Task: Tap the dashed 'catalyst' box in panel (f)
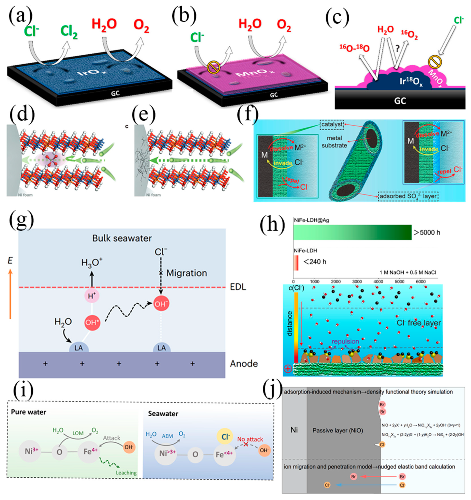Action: click(x=332, y=125)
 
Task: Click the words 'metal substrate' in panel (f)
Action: click(x=334, y=142)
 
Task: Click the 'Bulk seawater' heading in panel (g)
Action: click(x=122, y=238)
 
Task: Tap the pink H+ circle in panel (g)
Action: click(x=92, y=296)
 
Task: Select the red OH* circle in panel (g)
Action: click(x=92, y=322)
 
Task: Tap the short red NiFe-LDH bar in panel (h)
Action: click(x=296, y=263)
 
